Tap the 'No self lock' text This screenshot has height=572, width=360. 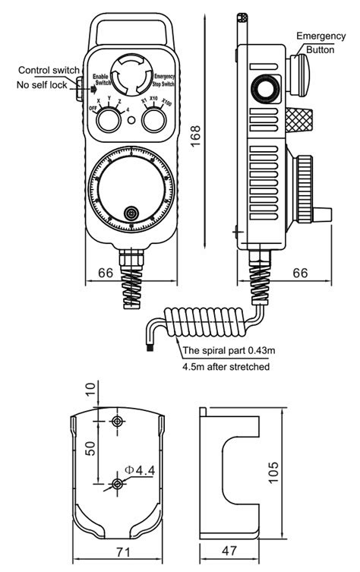(45, 84)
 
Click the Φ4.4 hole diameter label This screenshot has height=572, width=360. (141, 471)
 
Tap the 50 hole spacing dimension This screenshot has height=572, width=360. (90, 448)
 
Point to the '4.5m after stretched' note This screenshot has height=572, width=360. (226, 366)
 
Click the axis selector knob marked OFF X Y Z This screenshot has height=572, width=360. (110, 119)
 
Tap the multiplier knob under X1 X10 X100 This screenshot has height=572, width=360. (156, 119)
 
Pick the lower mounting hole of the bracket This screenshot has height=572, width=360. (117, 484)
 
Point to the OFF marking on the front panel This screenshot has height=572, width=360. (93, 109)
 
